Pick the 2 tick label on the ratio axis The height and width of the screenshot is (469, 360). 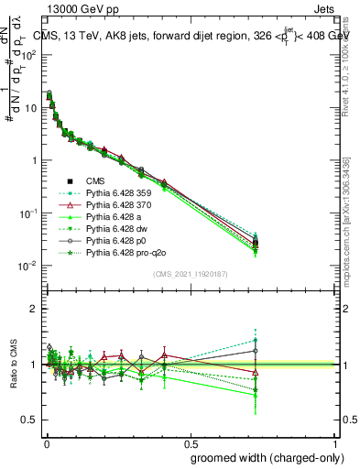coord(33,310)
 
